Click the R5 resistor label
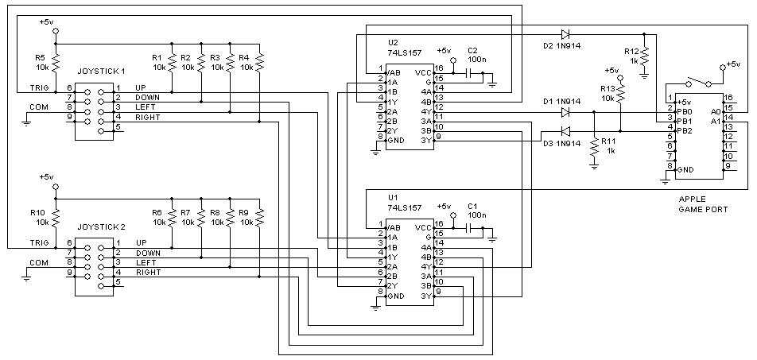(x=40, y=58)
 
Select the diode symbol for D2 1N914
(x=565, y=34)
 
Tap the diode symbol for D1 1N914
(x=565, y=113)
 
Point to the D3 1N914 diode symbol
(x=565, y=131)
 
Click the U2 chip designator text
(x=393, y=42)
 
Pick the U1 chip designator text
(x=393, y=197)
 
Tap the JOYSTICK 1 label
(x=101, y=72)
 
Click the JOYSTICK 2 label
(x=101, y=226)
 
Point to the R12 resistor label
(x=632, y=50)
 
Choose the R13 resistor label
(x=608, y=88)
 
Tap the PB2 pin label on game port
(x=685, y=130)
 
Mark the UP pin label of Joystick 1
(x=141, y=87)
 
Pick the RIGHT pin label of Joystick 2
(x=147, y=273)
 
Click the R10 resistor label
(x=38, y=212)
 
